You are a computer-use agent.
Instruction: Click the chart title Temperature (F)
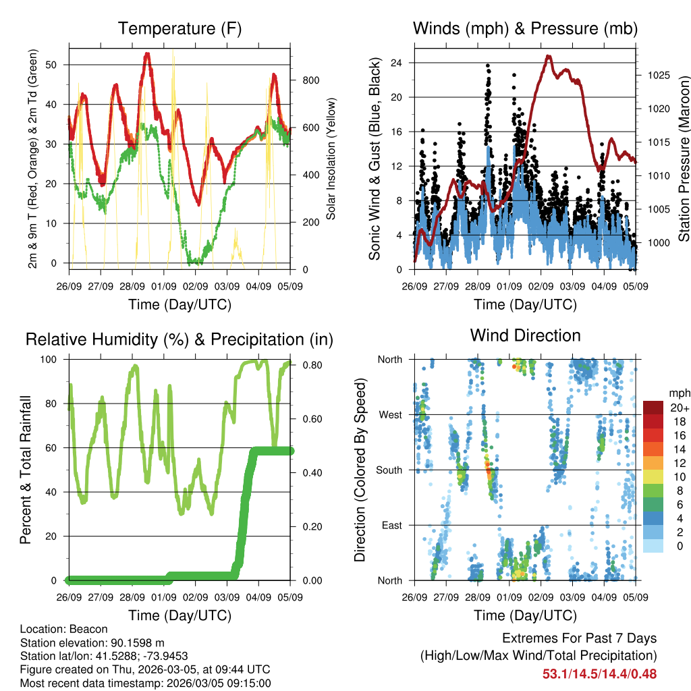(179, 29)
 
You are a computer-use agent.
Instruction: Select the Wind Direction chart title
(525, 335)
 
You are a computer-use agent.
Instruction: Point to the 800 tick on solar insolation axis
(302, 80)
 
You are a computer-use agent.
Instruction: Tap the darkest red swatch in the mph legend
(653, 408)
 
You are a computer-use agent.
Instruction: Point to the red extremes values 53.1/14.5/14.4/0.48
(599, 673)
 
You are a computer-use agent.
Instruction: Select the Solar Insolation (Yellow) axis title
(331, 159)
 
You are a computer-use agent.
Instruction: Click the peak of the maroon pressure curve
(548, 57)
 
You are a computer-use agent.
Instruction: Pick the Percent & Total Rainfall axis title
(25, 470)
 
